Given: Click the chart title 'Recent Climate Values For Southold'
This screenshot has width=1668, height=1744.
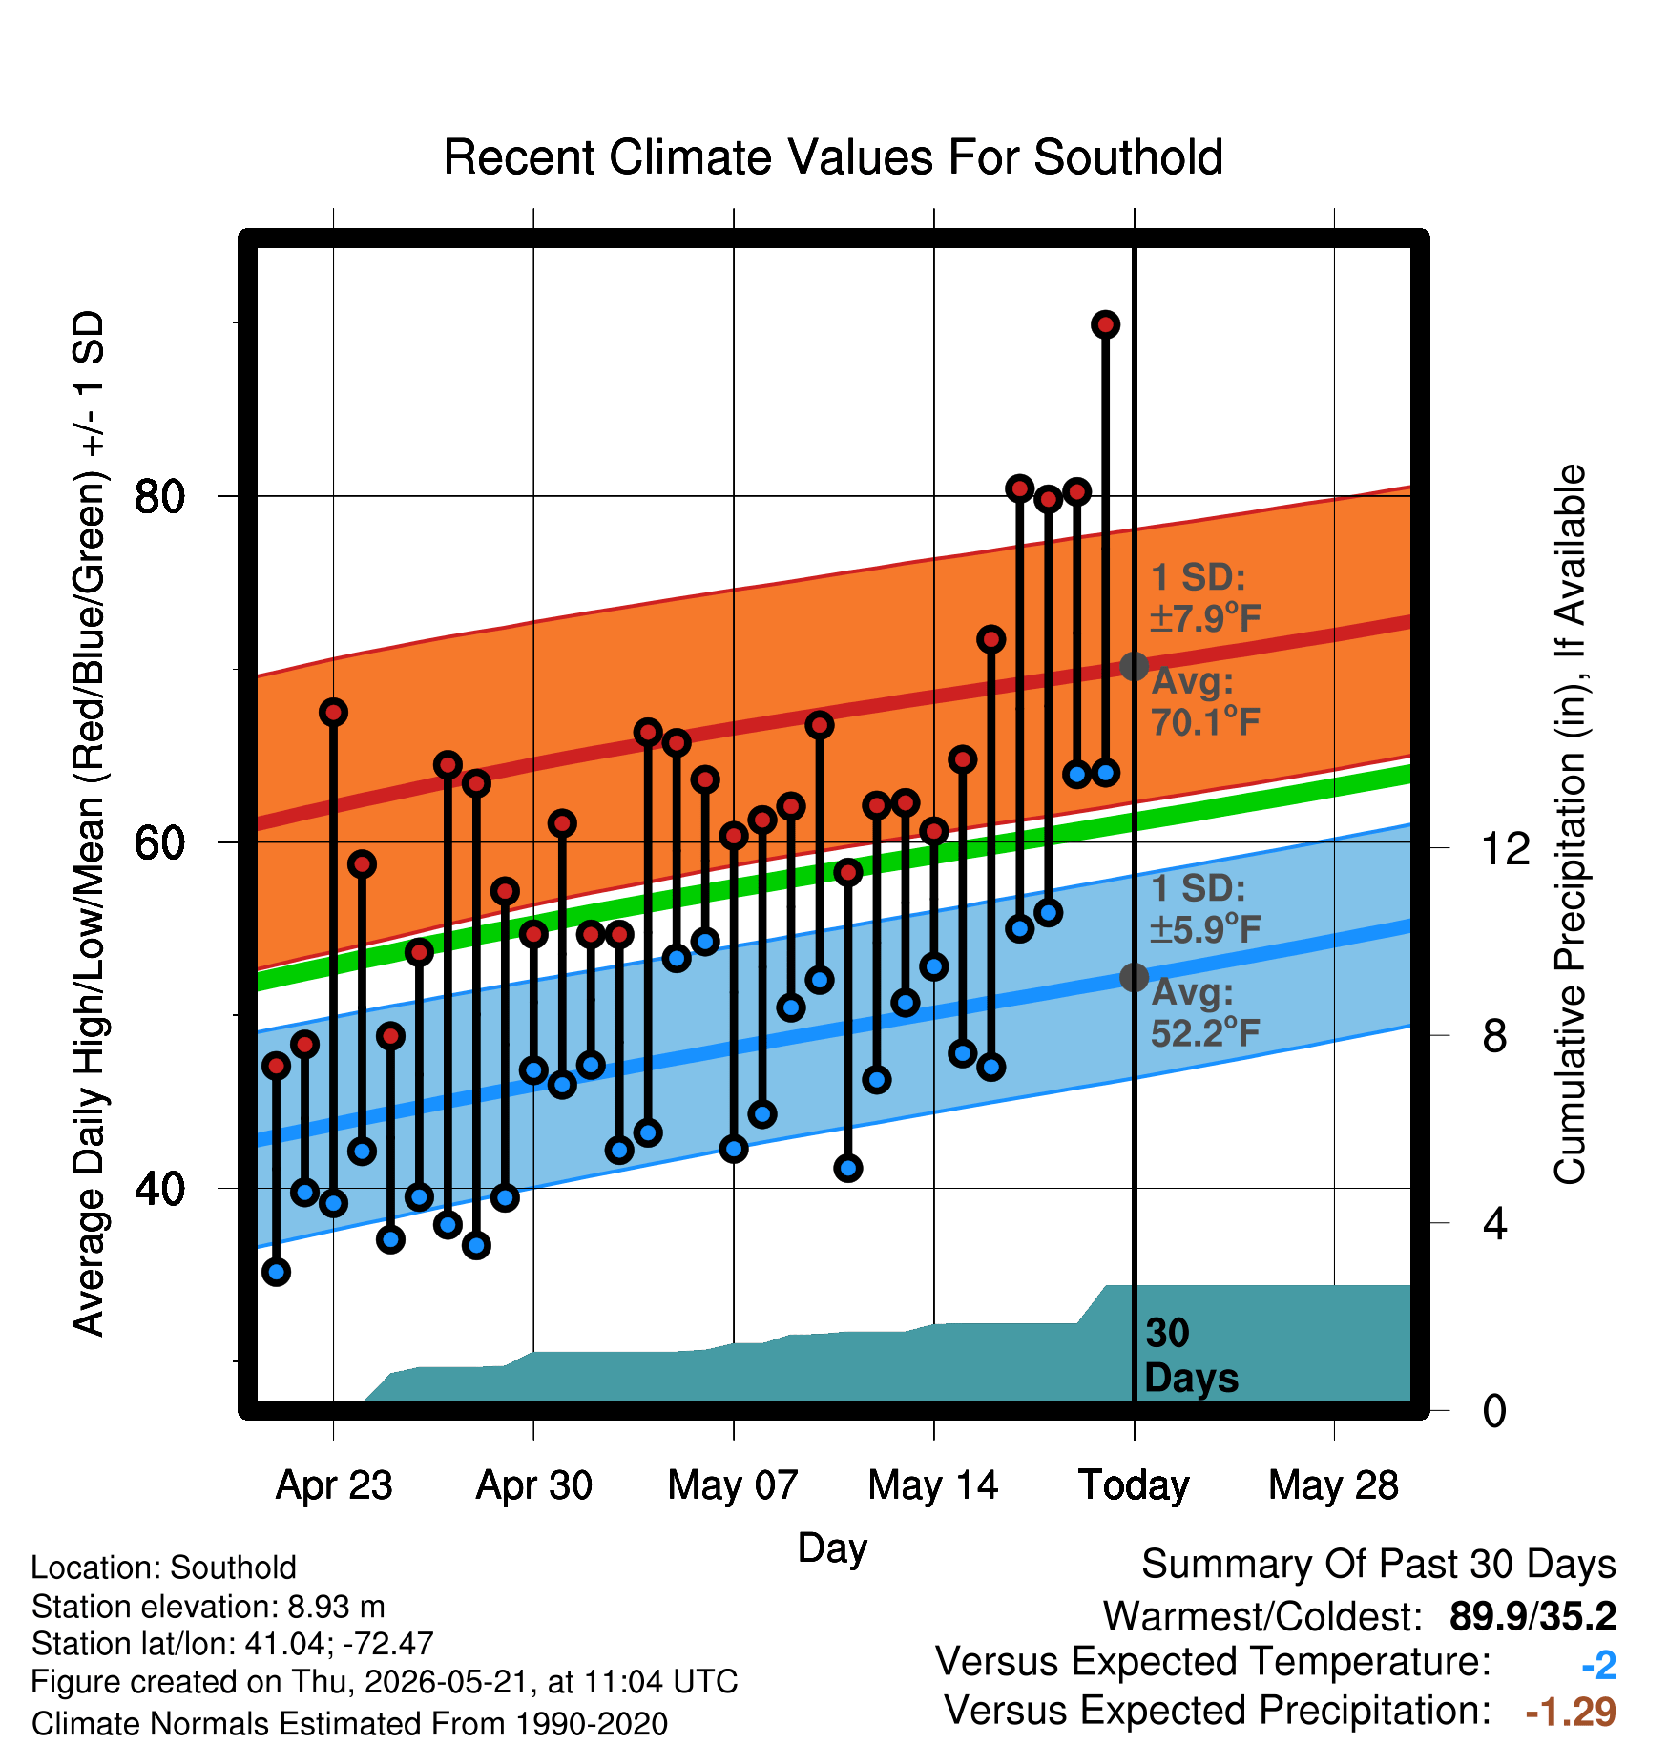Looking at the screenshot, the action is (833, 157).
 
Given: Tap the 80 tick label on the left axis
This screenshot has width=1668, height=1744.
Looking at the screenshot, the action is (159, 496).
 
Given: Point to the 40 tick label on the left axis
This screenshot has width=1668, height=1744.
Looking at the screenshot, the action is (159, 1189).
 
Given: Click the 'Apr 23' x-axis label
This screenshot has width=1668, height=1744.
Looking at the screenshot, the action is (334, 1485).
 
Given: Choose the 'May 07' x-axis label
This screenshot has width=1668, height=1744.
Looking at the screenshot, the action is (733, 1485).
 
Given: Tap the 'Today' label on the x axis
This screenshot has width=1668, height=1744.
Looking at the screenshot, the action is (1134, 1485).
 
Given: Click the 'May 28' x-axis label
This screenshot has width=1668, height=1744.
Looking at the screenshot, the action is (1333, 1485).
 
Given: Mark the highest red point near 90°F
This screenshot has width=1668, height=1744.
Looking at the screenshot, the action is (1105, 325).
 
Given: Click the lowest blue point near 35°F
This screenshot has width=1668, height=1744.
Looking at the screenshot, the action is (277, 1272).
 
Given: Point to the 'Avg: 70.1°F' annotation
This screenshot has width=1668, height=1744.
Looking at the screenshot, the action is (1206, 702).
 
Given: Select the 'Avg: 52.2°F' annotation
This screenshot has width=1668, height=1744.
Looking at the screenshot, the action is (1206, 1013).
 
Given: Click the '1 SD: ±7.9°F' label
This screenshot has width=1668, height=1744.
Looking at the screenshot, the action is (1206, 598).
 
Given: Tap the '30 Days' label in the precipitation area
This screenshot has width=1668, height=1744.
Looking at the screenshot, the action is (1191, 1356).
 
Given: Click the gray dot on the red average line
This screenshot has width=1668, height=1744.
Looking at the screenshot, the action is (1134, 666).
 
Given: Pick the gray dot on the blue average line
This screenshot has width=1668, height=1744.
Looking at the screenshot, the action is (1134, 977).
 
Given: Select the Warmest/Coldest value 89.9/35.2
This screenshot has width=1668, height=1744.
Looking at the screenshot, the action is (1532, 1616).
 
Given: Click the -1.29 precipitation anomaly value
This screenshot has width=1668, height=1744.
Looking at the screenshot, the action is (1571, 1712).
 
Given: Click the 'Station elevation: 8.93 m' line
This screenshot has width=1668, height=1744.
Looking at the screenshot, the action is (208, 1607).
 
